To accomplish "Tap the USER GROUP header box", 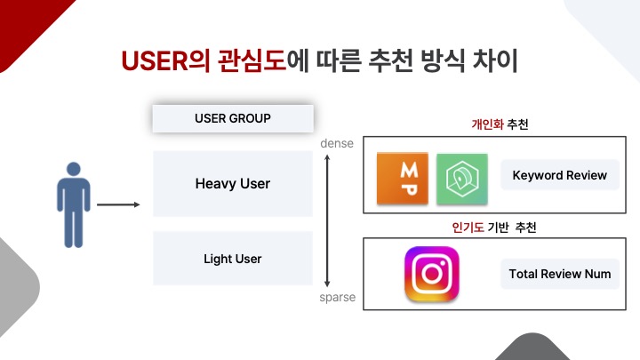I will coord(232,118).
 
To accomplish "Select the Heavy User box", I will coord(232,184).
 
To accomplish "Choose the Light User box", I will coord(232,259).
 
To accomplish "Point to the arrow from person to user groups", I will coord(118,205).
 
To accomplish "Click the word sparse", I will coord(337,297).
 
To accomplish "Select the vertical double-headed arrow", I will coord(329,219).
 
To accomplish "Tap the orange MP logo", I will coord(403,179).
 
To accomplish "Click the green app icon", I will coord(462,179).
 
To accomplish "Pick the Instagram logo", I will coord(431,274).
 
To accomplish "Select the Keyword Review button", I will coord(560,175).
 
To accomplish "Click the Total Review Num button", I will coord(560,274).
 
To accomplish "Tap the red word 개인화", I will coord(487,124).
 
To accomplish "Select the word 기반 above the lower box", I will coord(502,228).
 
